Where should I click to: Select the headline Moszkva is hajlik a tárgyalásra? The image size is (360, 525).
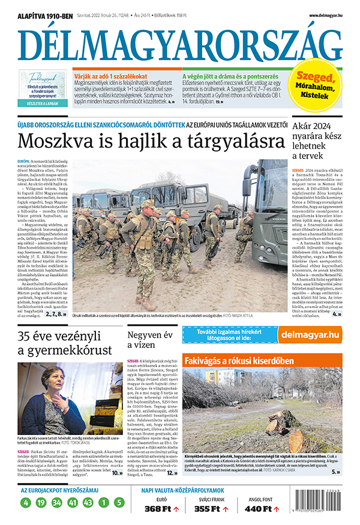tap(151, 142)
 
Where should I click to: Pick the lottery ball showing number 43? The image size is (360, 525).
tap(88, 502)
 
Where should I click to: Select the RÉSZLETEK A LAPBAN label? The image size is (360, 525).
tap(42, 104)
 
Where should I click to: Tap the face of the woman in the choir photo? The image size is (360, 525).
tap(50, 382)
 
